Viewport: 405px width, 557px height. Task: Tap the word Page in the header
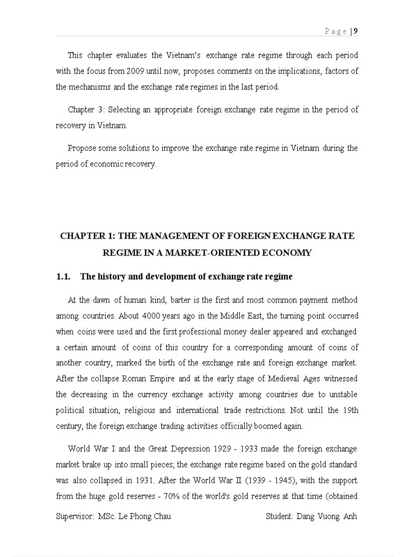pyautogui.click(x=336, y=31)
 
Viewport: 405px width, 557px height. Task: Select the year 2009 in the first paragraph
pyautogui.click(x=135, y=71)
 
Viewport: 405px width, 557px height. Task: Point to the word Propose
pyautogui.click(x=82, y=148)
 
